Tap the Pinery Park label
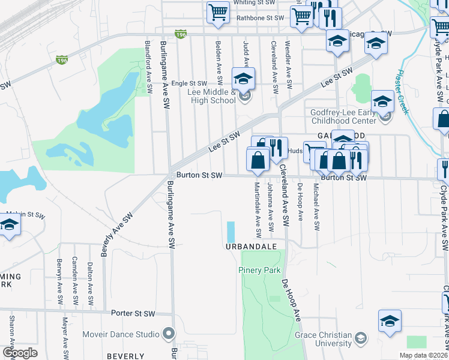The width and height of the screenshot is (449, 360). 260,271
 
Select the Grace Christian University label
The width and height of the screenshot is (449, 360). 323,339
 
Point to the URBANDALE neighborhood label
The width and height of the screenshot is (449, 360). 251,247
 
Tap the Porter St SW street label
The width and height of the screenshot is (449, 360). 133,313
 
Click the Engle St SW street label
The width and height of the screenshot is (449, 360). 189,83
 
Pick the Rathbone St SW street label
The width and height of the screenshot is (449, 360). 259,18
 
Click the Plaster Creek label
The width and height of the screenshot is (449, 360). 402,92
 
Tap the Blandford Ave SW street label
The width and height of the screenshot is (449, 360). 149,67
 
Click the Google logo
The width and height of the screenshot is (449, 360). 20,352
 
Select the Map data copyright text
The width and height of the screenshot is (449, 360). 423,355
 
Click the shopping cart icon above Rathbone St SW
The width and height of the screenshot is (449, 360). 218,12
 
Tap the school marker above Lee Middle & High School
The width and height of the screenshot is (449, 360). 244,79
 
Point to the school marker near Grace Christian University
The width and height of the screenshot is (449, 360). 390,321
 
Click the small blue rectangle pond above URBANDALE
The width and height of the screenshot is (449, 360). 231,232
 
